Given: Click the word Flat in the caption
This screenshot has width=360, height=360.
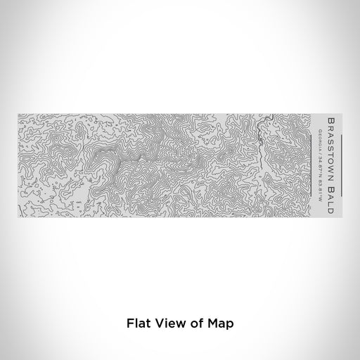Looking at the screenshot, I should pos(137,324).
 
